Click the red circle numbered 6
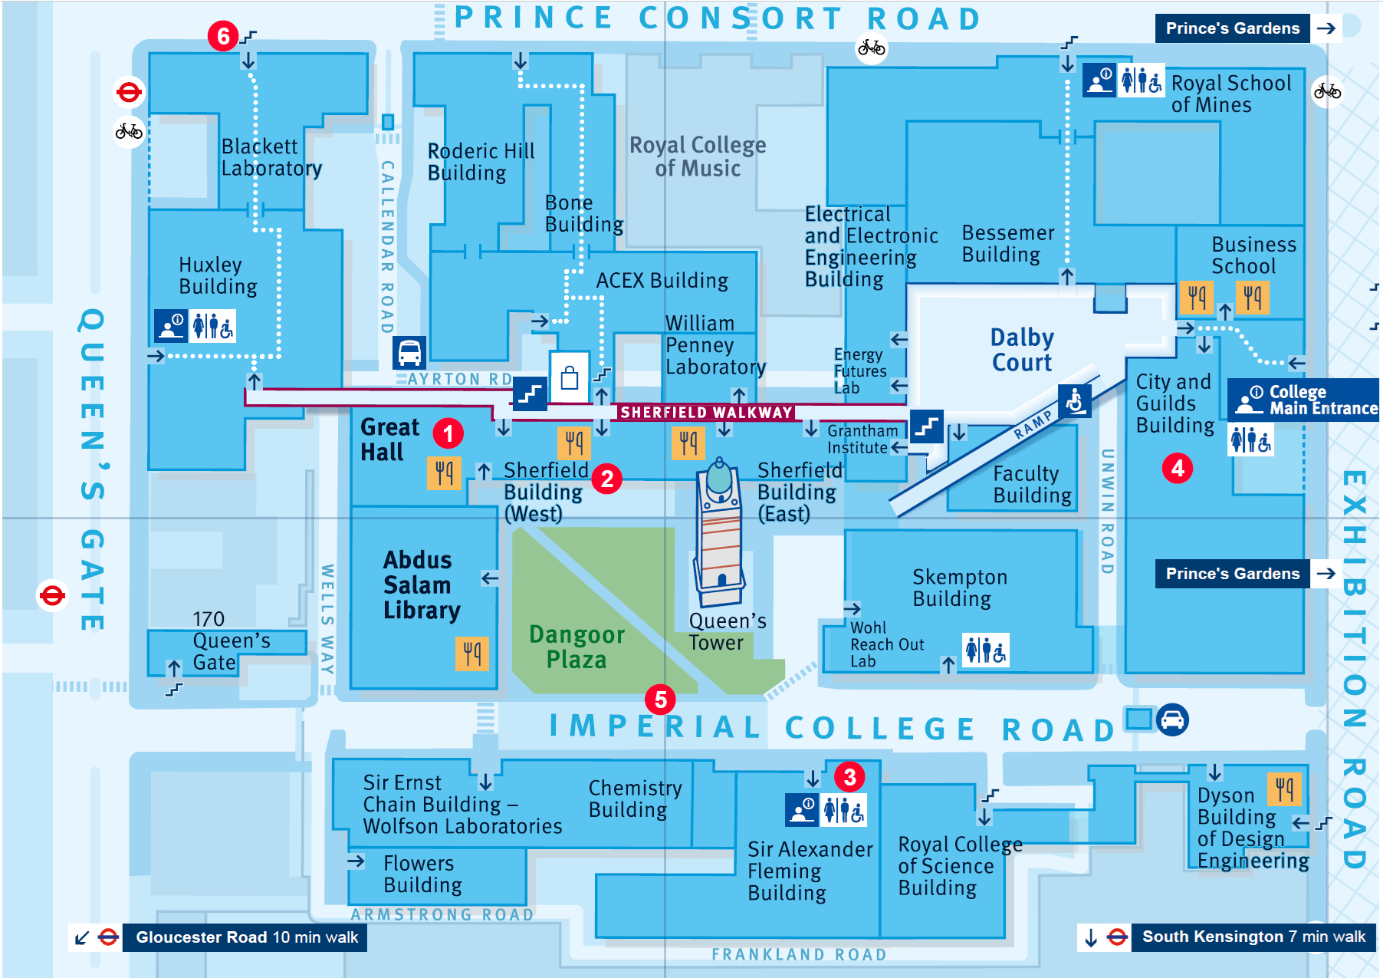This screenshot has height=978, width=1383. tap(223, 36)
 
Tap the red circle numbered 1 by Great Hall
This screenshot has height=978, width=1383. tap(448, 433)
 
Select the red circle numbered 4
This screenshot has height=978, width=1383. tap(1178, 468)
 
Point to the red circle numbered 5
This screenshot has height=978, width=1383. tap(660, 699)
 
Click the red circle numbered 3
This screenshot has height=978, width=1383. tap(849, 777)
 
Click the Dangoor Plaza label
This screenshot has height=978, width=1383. tap(577, 647)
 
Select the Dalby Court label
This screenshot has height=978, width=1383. tap(1022, 350)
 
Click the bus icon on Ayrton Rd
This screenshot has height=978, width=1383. tap(409, 353)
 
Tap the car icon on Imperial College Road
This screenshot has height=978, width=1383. tap(1172, 720)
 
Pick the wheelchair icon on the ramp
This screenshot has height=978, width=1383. tap(1074, 400)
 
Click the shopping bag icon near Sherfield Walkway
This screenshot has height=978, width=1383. tap(569, 377)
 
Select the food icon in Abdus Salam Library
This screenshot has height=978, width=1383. tap(472, 654)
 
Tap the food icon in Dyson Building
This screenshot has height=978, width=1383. tap(1285, 788)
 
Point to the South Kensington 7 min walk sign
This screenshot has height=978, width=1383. tap(1253, 937)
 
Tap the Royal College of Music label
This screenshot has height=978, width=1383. tap(698, 156)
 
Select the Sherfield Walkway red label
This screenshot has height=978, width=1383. tap(705, 413)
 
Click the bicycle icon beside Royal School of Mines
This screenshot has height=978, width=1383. tap(1327, 92)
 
